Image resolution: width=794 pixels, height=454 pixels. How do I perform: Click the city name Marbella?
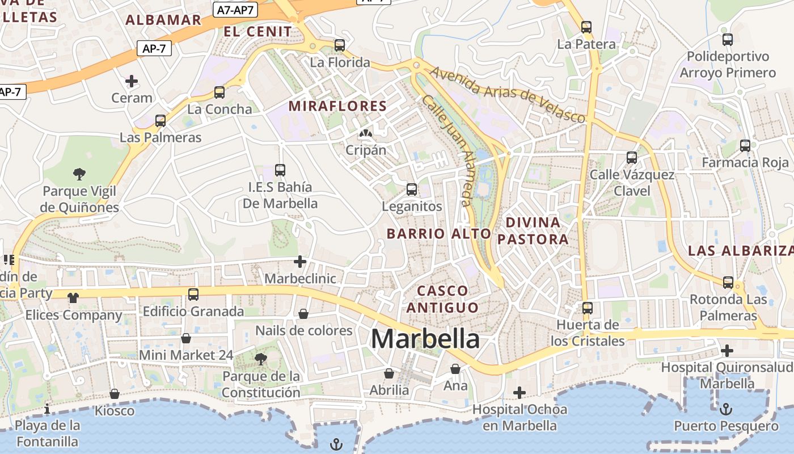(425, 339)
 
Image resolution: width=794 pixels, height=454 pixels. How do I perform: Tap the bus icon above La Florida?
(340, 45)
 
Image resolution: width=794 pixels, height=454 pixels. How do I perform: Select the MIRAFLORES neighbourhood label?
(337, 106)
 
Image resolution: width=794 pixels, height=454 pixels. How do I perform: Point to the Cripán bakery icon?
(366, 134)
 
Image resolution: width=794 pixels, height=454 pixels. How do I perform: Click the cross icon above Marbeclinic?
(300, 262)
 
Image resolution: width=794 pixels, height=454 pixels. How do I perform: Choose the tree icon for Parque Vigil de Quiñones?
(79, 174)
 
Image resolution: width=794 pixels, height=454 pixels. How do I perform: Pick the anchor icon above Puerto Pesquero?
(726, 409)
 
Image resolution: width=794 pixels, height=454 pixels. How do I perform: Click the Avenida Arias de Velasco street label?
(507, 95)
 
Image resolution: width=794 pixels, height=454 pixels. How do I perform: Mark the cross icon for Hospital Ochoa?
(520, 392)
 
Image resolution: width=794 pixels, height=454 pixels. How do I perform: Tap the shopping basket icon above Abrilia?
(389, 373)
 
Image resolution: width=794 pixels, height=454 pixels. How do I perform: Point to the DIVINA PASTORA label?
(533, 230)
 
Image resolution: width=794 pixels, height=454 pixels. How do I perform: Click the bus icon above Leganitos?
(412, 190)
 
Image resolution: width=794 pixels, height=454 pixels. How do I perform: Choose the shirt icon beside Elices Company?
(73, 297)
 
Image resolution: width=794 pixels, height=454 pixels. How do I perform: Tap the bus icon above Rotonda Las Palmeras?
(728, 283)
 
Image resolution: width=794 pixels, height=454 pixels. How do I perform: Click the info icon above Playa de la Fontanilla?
(47, 409)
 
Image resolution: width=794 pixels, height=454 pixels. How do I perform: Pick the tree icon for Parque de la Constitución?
(261, 359)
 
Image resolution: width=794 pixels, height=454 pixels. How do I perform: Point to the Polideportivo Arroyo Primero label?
(728, 65)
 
